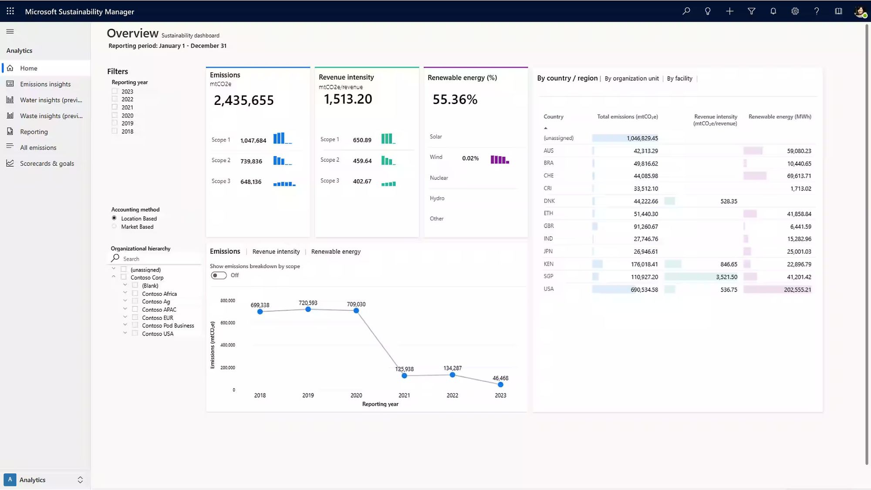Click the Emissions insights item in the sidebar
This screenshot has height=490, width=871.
(x=45, y=84)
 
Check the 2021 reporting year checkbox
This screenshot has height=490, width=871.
(x=115, y=107)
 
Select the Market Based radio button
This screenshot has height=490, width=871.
(x=114, y=226)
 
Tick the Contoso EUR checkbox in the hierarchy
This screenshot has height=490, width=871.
(x=135, y=318)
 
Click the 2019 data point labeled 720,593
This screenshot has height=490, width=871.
(x=308, y=309)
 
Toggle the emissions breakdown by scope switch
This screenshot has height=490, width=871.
(x=219, y=275)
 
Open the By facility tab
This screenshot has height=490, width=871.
(x=679, y=78)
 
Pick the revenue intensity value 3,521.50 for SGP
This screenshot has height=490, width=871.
(x=726, y=277)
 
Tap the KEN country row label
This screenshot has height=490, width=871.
(x=548, y=264)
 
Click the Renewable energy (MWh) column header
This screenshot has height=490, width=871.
(x=780, y=117)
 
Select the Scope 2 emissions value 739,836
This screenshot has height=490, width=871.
(x=251, y=161)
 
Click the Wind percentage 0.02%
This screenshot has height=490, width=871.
(x=470, y=158)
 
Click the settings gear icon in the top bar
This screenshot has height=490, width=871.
(x=795, y=11)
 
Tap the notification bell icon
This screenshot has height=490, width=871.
(x=773, y=11)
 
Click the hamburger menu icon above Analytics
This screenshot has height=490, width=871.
(x=10, y=31)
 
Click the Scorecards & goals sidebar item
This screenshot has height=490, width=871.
(x=47, y=164)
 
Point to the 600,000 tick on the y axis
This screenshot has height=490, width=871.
(x=228, y=323)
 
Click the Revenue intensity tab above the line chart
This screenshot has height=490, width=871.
(x=276, y=252)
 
